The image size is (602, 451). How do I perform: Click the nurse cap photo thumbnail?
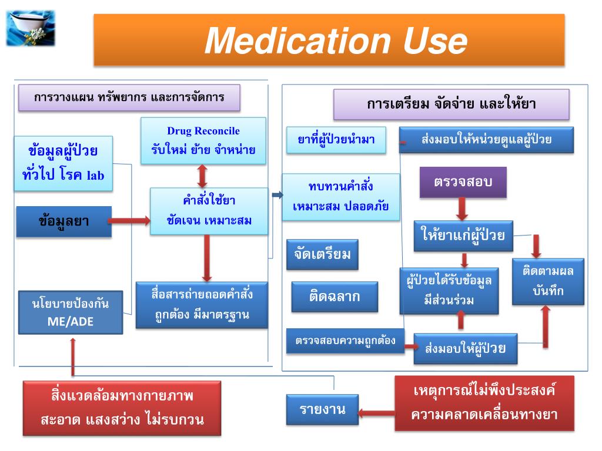click(31, 27)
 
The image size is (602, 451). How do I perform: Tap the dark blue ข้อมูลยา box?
click(63, 221)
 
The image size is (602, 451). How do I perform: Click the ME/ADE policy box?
click(70, 312)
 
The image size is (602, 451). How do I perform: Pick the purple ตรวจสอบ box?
click(463, 182)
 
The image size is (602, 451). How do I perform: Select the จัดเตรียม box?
click(322, 254)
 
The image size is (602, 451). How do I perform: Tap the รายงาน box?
click(322, 409)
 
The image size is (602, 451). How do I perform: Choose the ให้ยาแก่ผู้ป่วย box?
click(463, 236)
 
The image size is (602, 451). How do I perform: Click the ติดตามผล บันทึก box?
click(548, 281)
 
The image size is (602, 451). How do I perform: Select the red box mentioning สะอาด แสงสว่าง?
click(122, 408)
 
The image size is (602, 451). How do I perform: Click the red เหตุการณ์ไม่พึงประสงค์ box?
click(484, 403)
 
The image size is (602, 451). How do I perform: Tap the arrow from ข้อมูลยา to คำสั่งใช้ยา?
click(131, 221)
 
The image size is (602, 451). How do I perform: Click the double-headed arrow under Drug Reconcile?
click(203, 176)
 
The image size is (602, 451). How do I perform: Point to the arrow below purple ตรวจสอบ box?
click(463, 208)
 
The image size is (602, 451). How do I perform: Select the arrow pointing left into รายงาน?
click(376, 412)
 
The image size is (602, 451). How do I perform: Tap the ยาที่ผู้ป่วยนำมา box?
click(336, 140)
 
